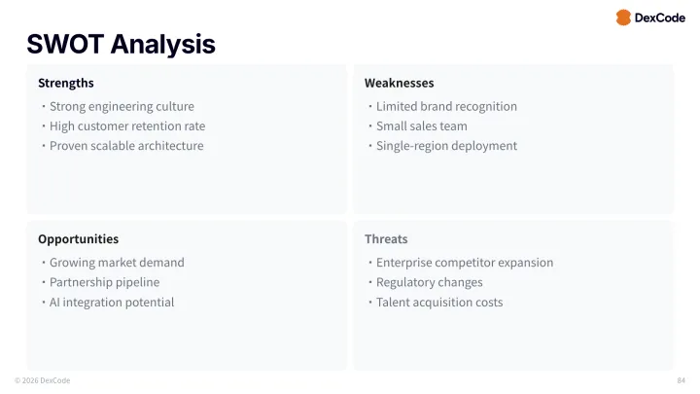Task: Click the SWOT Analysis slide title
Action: [121, 44]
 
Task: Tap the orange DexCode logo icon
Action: [623, 18]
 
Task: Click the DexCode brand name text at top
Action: [659, 18]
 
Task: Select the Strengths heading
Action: [66, 83]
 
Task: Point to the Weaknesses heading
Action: [399, 83]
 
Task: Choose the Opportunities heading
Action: [78, 238]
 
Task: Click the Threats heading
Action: [386, 238]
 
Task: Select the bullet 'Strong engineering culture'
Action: [122, 106]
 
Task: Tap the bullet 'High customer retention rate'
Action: [127, 125]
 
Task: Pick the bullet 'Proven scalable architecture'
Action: [126, 145]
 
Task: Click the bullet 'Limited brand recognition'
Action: [446, 106]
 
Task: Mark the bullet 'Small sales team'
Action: [421, 125]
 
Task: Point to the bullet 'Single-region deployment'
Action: [446, 145]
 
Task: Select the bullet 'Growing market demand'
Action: [117, 262]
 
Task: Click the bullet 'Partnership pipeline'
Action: [104, 282]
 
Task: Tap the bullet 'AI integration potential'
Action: [112, 302]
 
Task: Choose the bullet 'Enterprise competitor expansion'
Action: [465, 262]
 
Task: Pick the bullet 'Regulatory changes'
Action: [429, 282]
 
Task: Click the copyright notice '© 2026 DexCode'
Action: [42, 380]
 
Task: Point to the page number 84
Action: [681, 380]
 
